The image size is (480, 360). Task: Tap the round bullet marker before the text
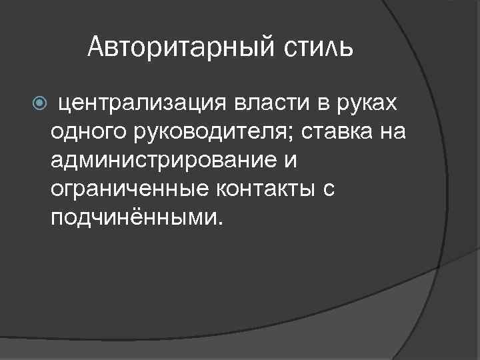click(x=38, y=103)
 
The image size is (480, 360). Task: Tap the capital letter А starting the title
click(x=95, y=48)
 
